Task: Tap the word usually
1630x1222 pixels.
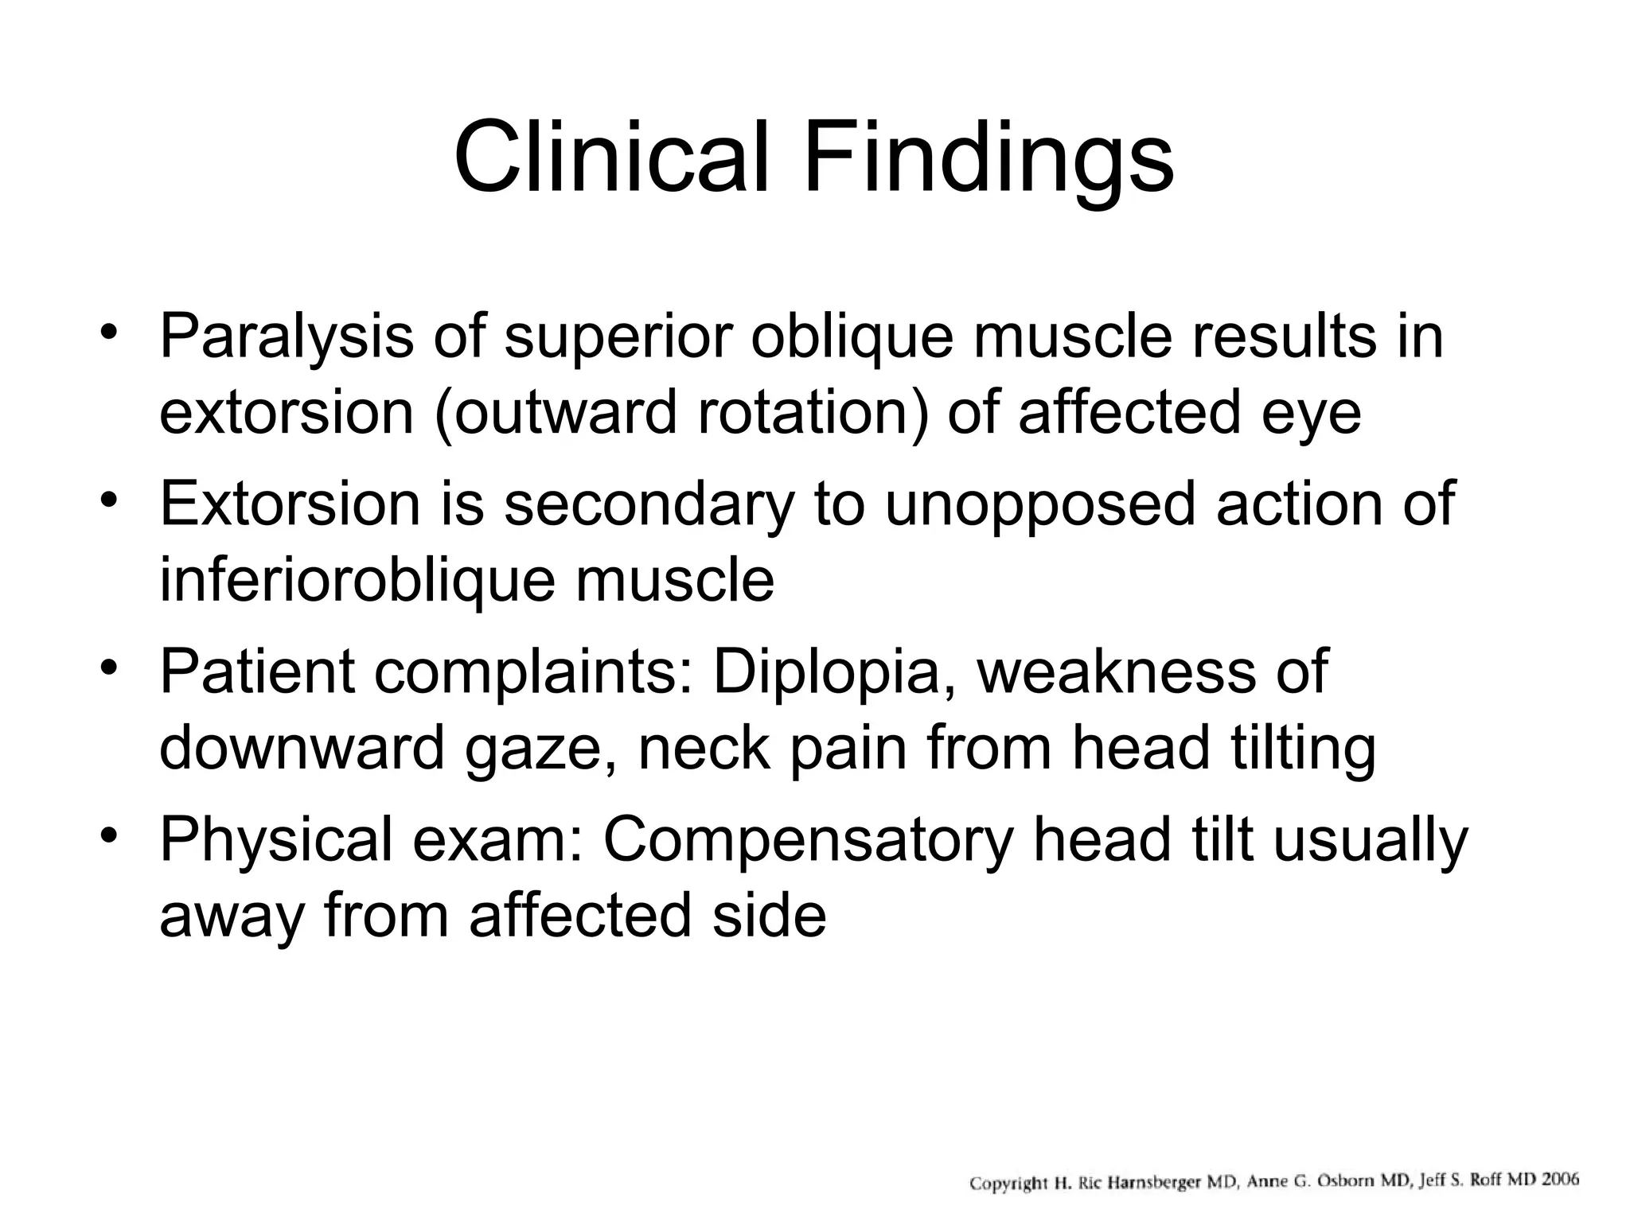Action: pyautogui.click(x=1370, y=842)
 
